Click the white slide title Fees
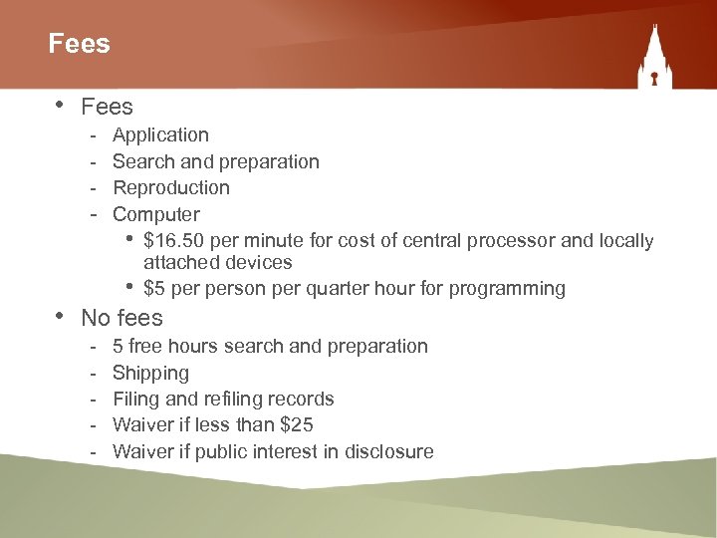79,44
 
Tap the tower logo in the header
653,62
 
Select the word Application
160,134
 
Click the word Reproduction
170,187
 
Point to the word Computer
155,214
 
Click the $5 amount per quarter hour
154,289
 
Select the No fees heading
121,318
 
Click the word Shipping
150,373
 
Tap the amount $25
297,425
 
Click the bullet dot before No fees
59,316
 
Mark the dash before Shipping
93,373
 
